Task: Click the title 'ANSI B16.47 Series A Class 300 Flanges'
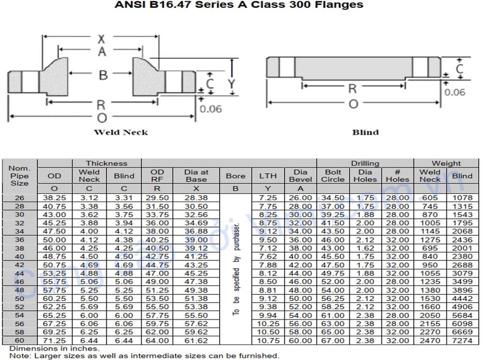[239, 5]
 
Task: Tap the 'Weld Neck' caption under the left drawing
[121, 132]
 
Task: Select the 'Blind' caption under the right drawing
[366, 132]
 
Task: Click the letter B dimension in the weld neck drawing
[102, 74]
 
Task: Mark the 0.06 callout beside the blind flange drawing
[455, 92]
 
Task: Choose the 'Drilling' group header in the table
[365, 163]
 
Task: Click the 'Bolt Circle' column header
[333, 175]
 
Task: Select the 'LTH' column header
[268, 176]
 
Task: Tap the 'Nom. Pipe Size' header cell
[20, 176]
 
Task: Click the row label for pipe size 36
[20, 240]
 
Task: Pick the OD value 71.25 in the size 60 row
[55, 341]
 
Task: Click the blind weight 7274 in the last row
[462, 341]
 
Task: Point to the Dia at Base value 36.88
[196, 231]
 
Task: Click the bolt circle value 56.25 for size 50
[333, 299]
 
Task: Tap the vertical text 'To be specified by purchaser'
[236, 269]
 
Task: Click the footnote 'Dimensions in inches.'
[54, 348]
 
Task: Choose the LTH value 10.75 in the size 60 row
[268, 341]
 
